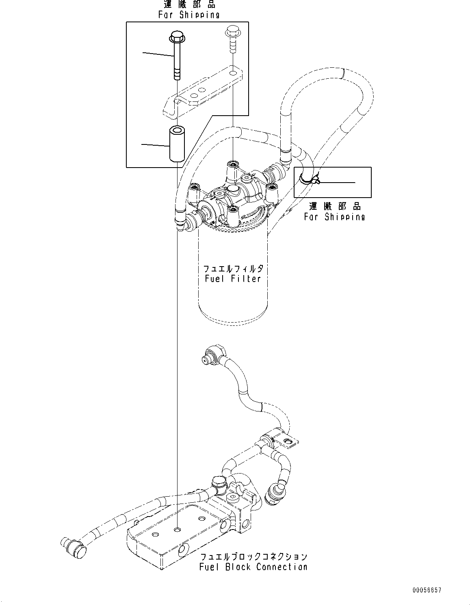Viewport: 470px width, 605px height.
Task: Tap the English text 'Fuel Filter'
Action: click(x=233, y=279)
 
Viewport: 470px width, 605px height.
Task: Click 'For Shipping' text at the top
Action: click(x=189, y=15)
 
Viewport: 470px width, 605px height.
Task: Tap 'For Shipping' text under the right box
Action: click(x=334, y=217)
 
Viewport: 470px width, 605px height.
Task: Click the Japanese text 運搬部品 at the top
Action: click(x=189, y=4)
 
